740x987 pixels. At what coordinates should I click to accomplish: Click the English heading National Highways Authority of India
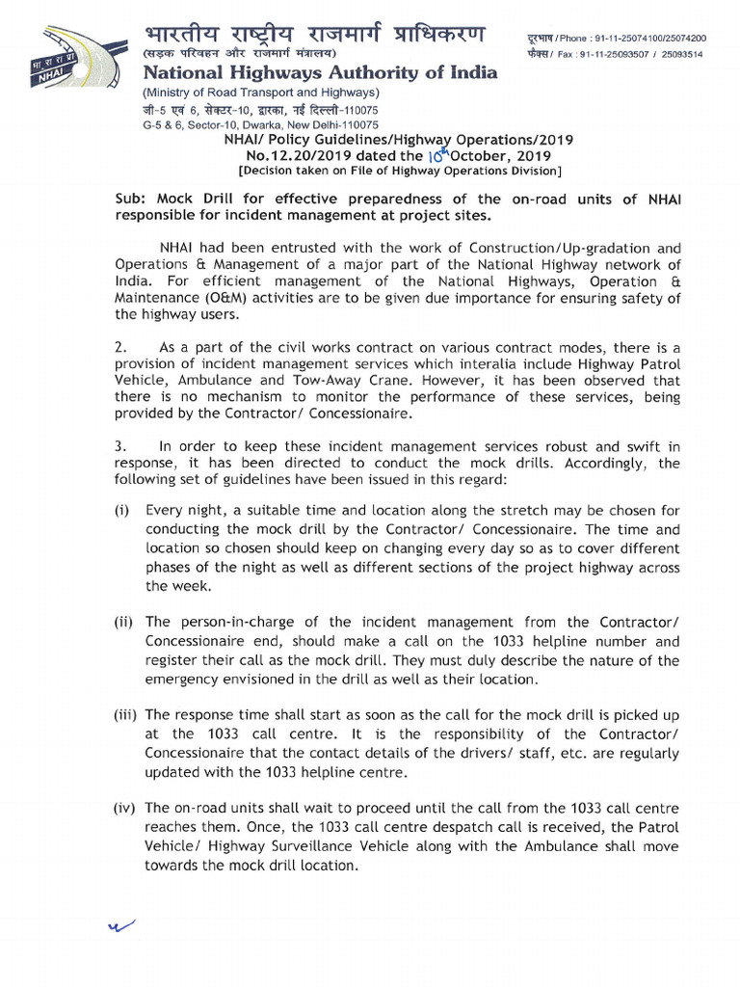pos(320,73)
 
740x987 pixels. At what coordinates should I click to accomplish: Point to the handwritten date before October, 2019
pos(441,153)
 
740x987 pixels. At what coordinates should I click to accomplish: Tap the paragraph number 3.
pos(119,446)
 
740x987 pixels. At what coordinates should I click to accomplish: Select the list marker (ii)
pos(123,622)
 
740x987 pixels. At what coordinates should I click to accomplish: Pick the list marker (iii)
pos(126,714)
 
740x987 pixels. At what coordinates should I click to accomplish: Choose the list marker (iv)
pos(126,808)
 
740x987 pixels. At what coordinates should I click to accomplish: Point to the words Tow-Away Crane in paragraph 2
pos(337,380)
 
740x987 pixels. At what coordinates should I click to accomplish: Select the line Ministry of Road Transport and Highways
pos(261,93)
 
